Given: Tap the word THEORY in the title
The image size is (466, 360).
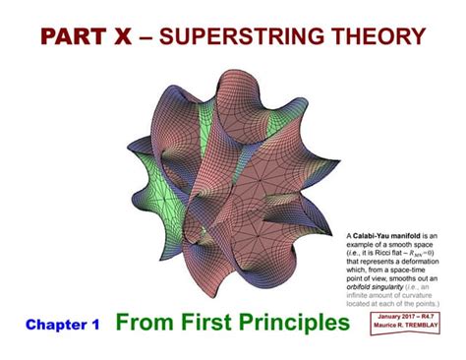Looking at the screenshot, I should (x=372, y=36).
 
